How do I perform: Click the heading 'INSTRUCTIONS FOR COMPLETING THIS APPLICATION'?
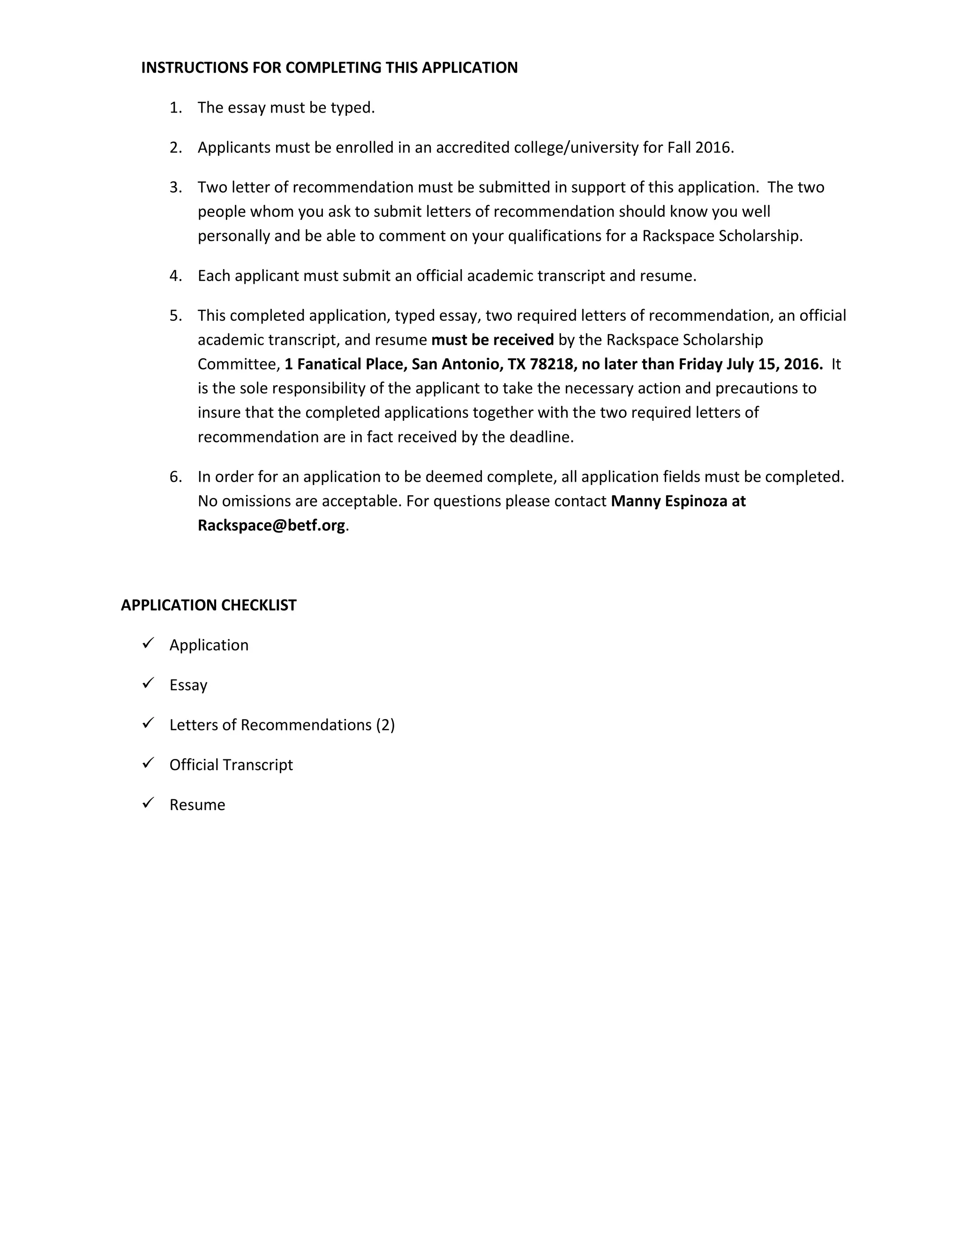coord(329,68)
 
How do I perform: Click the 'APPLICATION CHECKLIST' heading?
coord(208,605)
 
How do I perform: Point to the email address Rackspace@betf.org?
coord(271,525)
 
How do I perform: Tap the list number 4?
coord(175,276)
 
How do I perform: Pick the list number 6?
coord(175,477)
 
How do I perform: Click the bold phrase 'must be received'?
coord(493,340)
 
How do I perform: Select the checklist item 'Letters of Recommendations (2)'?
coord(282,725)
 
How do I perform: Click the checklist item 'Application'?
coord(209,645)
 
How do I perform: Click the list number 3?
coord(175,188)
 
